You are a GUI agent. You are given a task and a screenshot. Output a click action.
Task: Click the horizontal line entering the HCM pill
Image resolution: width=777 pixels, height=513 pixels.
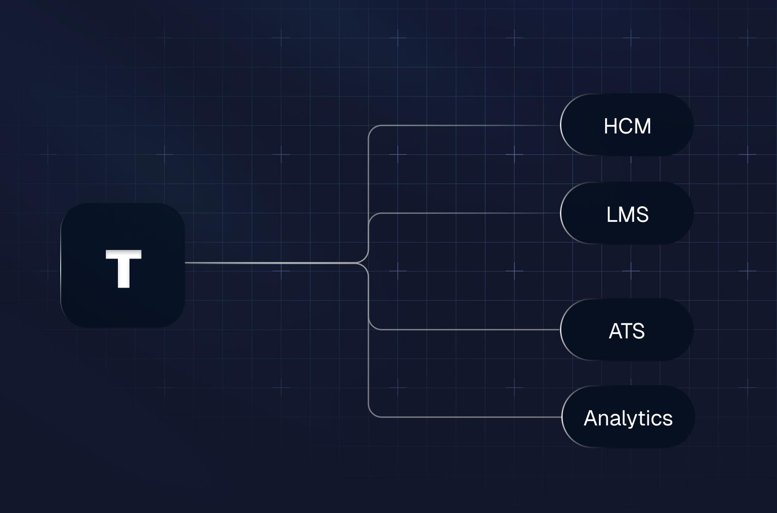464,125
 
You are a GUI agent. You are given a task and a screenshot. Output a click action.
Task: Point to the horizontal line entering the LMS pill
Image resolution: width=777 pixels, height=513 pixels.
464,213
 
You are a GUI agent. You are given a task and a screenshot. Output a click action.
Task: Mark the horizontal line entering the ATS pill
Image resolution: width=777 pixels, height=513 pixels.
464,329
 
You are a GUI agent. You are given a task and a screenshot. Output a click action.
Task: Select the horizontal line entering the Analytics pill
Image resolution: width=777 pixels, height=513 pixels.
464,417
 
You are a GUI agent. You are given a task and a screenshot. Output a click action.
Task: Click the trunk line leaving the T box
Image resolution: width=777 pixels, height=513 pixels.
268,263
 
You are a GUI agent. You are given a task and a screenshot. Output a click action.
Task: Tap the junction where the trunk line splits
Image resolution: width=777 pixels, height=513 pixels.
363,263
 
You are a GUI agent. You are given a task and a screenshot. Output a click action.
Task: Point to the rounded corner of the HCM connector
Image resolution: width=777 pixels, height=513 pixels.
371,129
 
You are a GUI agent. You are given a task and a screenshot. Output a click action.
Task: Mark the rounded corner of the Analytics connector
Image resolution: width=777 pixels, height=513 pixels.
371,414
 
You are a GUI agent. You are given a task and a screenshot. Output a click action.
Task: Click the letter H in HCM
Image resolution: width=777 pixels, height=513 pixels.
611,126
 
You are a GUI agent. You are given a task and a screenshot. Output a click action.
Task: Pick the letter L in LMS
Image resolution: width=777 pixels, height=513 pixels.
611,215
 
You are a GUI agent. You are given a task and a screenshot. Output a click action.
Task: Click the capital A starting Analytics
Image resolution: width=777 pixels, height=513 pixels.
592,418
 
